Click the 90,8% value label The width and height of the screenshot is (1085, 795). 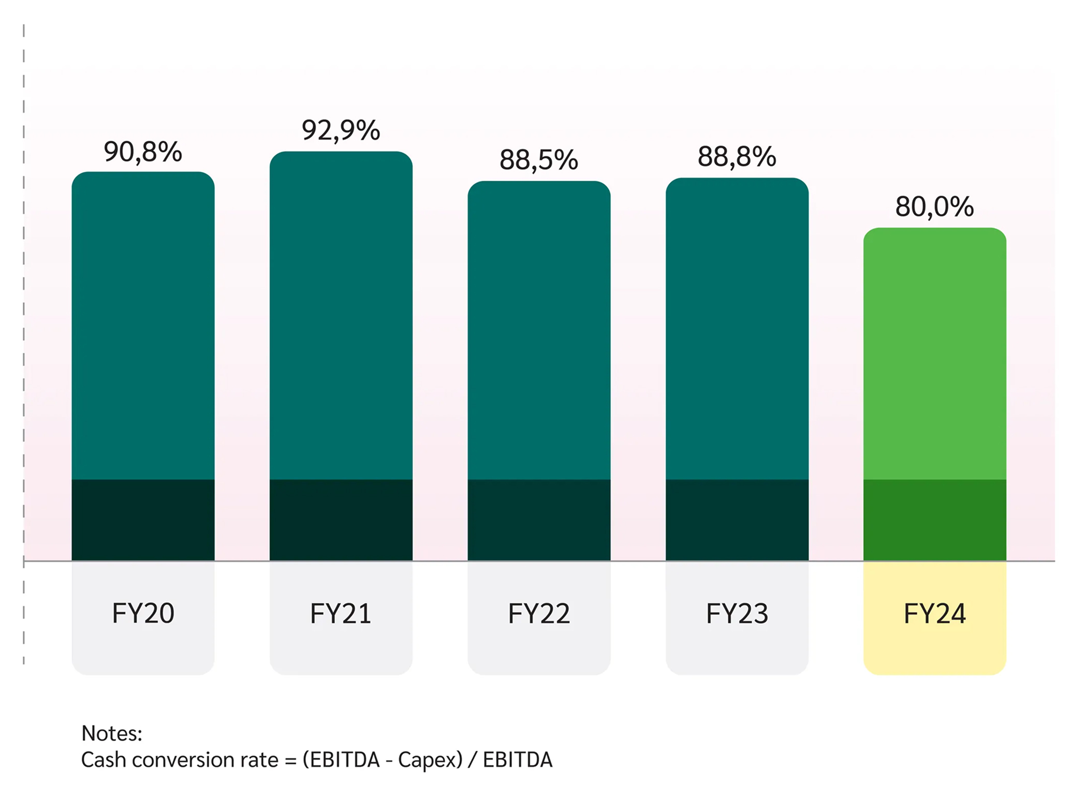(143, 152)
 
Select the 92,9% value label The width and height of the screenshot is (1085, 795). (341, 130)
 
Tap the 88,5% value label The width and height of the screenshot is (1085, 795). (538, 160)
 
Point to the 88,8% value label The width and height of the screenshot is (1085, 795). (737, 157)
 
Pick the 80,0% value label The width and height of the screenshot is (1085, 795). (934, 207)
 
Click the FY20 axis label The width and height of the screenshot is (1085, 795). (143, 614)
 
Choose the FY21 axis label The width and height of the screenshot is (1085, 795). (341, 614)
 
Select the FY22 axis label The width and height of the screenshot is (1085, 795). (538, 614)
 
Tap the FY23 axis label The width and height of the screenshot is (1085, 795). (737, 614)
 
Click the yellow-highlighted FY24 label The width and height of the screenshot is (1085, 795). (934, 614)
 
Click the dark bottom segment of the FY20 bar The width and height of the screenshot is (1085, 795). (143, 520)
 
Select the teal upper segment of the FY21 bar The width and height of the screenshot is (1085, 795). (341, 316)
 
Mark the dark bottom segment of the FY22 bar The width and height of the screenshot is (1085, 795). (538, 520)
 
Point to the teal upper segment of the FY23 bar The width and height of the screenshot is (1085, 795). (737, 329)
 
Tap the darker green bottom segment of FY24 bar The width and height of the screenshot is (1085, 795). (934, 520)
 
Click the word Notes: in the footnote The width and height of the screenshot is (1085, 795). (112, 733)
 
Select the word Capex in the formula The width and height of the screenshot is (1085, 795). (424, 760)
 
